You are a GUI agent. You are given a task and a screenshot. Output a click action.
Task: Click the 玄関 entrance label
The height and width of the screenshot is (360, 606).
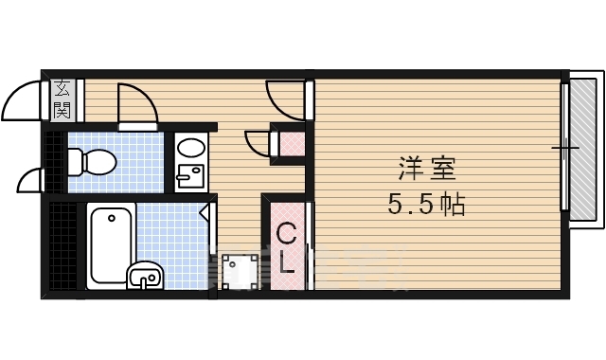click(x=62, y=99)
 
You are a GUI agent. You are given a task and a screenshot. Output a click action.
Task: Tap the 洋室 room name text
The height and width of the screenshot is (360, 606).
click(x=426, y=171)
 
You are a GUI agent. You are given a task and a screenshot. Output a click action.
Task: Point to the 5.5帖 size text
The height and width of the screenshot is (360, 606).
click(x=426, y=204)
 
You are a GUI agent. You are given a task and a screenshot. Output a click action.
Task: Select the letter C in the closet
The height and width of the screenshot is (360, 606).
click(x=286, y=232)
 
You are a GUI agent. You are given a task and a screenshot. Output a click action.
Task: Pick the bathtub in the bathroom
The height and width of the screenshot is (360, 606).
click(x=112, y=245)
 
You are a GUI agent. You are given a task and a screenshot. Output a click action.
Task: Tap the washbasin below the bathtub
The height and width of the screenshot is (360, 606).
click(x=145, y=276)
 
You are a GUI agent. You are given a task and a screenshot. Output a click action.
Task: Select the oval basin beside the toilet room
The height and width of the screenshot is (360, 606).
click(x=191, y=149)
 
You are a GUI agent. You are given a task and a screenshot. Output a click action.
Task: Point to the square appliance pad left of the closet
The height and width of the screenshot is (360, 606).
click(x=237, y=270)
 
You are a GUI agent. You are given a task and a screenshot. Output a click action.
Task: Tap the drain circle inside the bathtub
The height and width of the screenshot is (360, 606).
click(x=112, y=219)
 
